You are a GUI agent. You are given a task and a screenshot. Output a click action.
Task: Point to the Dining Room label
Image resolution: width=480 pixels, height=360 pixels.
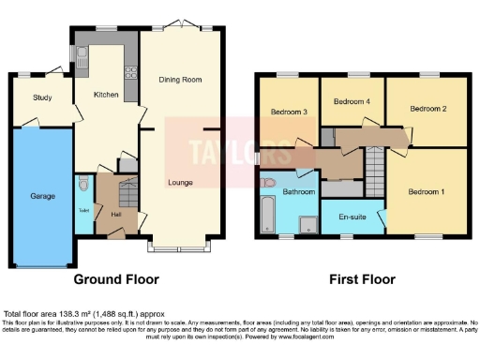pyautogui.click(x=179, y=80)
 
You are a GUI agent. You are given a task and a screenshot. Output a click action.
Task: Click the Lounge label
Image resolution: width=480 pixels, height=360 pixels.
pyautogui.click(x=180, y=182)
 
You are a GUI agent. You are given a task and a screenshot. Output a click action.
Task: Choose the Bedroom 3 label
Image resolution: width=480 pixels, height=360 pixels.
pyautogui.click(x=290, y=112)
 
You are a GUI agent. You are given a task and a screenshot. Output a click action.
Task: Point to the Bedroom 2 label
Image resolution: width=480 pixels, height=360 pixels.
pyautogui.click(x=427, y=109)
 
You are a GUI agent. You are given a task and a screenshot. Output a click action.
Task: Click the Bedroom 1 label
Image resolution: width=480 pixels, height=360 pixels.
pyautogui.click(x=427, y=191)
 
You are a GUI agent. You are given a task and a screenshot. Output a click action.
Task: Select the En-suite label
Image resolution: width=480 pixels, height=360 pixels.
pyautogui.click(x=353, y=215)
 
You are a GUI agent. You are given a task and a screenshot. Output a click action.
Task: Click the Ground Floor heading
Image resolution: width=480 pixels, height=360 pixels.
pyautogui.click(x=117, y=279)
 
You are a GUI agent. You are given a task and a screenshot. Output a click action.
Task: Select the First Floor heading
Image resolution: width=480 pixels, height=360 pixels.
pyautogui.click(x=361, y=279)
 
